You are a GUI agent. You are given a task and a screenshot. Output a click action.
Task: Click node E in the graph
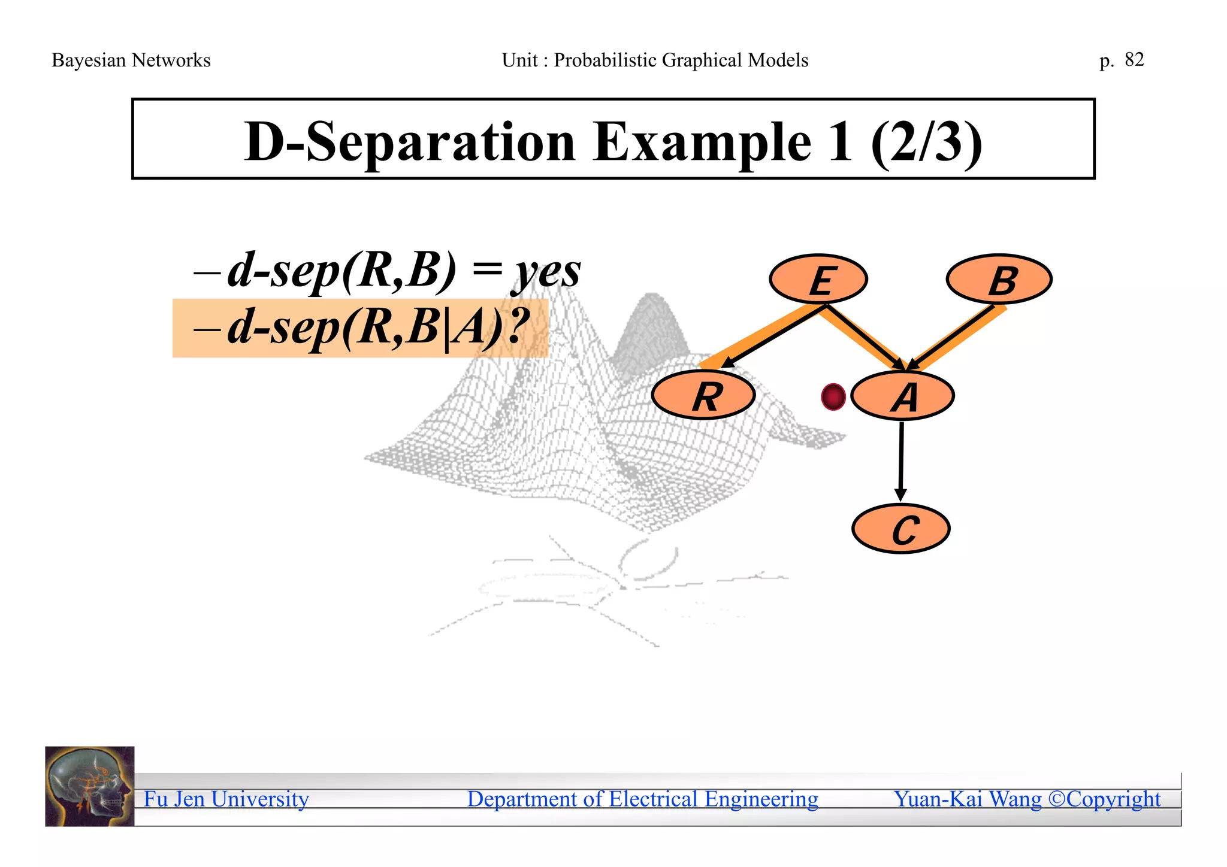click(818, 279)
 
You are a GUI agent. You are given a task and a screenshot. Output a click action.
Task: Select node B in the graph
click(999, 279)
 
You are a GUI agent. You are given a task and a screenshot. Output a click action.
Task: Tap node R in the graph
click(703, 396)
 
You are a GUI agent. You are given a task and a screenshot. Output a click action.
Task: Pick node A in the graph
click(902, 396)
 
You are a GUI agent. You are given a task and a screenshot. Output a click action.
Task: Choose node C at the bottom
click(900, 529)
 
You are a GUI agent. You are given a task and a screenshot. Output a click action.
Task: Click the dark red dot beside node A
click(833, 396)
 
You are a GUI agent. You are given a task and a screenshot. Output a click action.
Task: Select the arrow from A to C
click(900, 461)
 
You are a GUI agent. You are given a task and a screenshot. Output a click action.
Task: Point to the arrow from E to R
click(773, 337)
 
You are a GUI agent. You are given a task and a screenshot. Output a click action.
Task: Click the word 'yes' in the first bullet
click(545, 271)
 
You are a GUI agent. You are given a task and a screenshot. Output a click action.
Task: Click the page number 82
click(1134, 59)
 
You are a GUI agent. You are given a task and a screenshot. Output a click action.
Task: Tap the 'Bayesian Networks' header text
click(131, 60)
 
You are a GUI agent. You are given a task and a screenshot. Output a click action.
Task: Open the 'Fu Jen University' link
click(226, 799)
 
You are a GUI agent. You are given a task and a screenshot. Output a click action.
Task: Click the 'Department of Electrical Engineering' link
click(642, 799)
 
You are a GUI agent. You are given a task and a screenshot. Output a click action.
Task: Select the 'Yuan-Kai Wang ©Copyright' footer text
click(1027, 799)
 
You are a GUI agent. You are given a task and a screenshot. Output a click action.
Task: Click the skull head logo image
click(90, 786)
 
